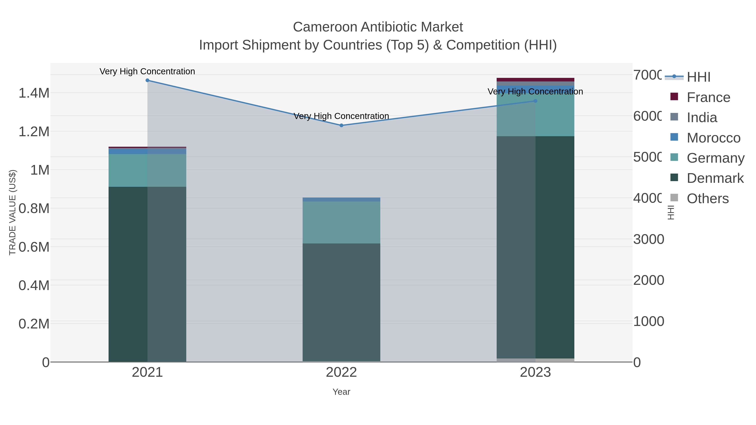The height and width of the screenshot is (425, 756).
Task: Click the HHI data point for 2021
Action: (147, 80)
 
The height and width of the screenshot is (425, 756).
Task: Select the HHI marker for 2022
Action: (341, 126)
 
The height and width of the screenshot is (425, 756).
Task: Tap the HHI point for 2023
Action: (535, 101)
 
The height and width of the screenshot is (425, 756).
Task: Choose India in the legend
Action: (702, 118)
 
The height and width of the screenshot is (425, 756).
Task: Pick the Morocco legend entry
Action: (713, 138)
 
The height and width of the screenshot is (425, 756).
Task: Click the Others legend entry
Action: (707, 199)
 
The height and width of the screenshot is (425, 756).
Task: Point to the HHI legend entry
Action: (698, 77)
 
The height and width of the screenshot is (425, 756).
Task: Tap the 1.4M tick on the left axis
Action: (34, 93)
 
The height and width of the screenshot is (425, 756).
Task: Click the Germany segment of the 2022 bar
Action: (341, 222)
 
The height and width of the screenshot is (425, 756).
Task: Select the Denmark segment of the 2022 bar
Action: (341, 302)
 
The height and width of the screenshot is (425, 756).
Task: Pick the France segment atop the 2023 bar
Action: (535, 80)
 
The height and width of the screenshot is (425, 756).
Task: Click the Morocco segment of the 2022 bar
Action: (341, 199)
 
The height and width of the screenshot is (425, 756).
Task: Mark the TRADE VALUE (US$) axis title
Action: (12, 212)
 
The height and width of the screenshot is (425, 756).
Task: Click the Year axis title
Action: (341, 392)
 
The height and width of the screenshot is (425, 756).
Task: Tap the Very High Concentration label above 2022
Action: (341, 116)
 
